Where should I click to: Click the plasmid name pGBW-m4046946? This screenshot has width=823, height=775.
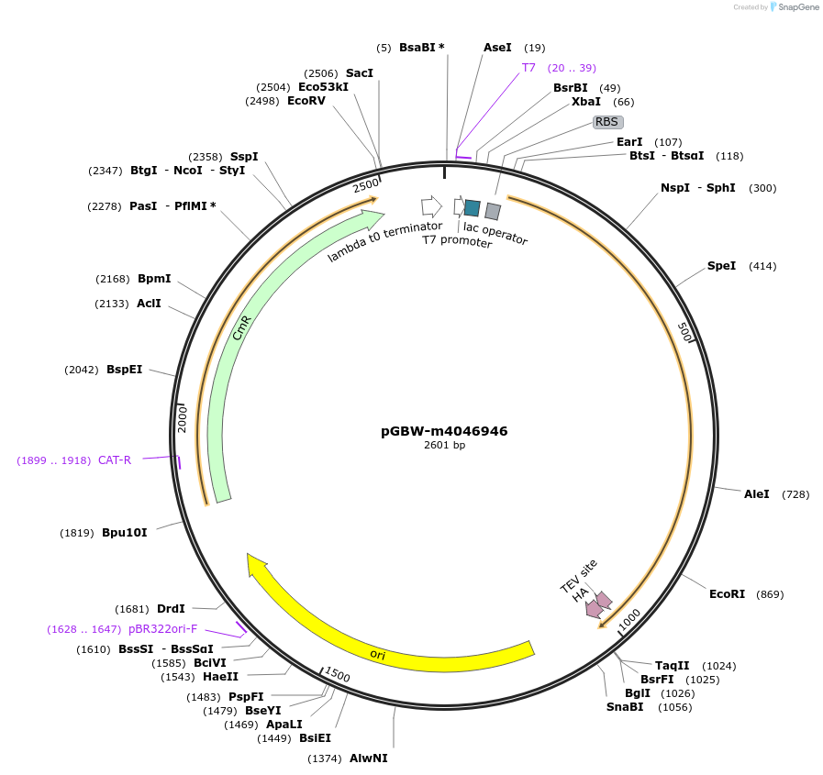444,431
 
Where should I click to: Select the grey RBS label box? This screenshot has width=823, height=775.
608,122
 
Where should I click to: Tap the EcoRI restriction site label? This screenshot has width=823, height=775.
727,594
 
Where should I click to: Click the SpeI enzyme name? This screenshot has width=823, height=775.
722,265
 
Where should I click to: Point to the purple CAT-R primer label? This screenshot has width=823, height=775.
115,460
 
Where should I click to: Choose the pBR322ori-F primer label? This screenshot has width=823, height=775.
162,628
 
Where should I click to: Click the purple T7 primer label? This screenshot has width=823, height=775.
528,68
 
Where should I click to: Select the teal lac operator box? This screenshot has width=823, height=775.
473,208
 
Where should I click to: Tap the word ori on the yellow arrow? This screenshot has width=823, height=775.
377,654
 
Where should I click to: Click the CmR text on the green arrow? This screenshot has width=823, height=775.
242,328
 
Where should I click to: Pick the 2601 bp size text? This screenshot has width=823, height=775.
444,445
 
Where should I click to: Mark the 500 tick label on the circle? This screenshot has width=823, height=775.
685,332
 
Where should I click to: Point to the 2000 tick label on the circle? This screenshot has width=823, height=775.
183,418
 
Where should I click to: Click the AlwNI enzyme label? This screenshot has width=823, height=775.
369,758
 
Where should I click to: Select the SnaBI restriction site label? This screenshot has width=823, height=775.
625,707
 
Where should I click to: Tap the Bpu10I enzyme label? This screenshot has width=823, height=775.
125,533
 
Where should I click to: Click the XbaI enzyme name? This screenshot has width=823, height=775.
586,101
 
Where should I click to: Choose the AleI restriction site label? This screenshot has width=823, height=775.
756,493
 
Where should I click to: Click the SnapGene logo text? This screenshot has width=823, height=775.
798,6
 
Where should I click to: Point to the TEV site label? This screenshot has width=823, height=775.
578,576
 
